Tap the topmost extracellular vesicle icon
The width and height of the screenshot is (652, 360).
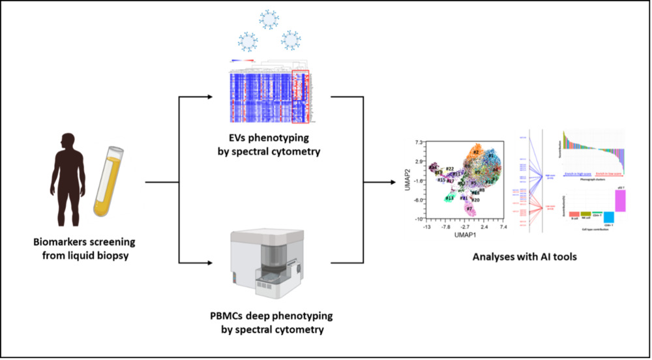point(269,20)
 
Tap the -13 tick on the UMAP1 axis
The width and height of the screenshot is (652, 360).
point(427,228)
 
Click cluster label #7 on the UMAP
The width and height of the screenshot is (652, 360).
point(468,209)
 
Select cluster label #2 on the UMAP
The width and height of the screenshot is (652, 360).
point(477,153)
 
